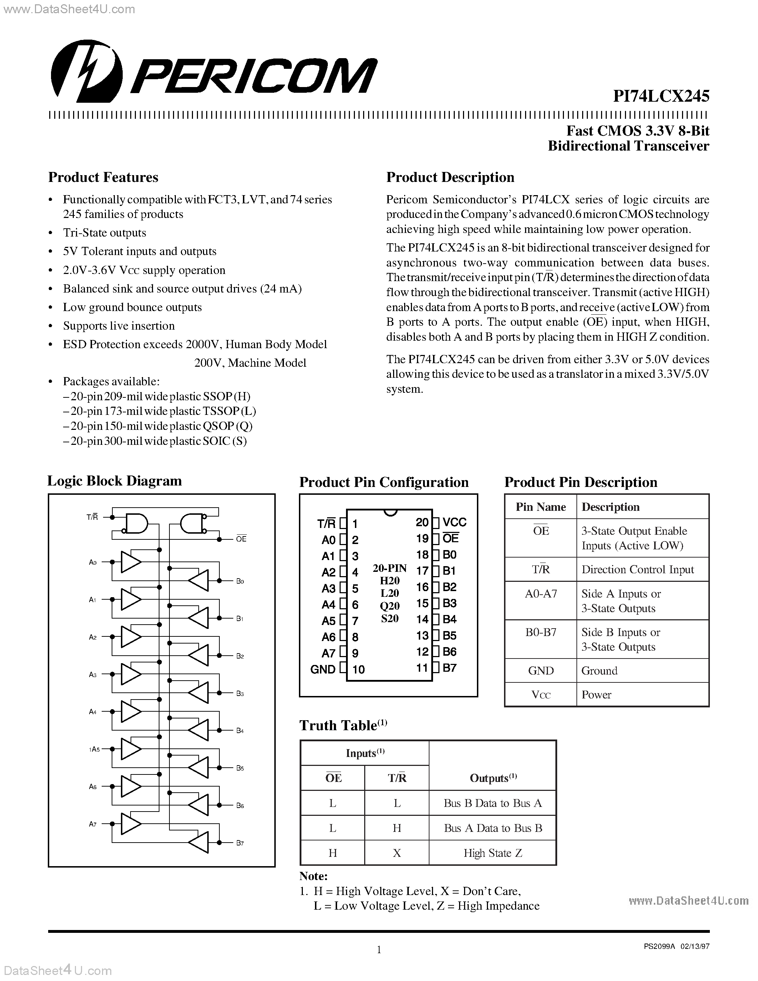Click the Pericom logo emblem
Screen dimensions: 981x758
87,71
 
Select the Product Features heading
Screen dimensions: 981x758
103,177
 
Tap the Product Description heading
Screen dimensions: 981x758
450,177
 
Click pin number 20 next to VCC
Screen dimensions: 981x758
422,522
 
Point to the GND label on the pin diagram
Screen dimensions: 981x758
323,669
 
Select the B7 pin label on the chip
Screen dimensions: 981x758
449,668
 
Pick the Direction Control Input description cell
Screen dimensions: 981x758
638,570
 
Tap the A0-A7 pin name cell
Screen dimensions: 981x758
541,594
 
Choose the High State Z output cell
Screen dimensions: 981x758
493,853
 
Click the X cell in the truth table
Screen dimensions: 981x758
397,853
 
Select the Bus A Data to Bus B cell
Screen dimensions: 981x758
493,828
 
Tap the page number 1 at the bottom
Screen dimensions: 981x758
378,950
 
